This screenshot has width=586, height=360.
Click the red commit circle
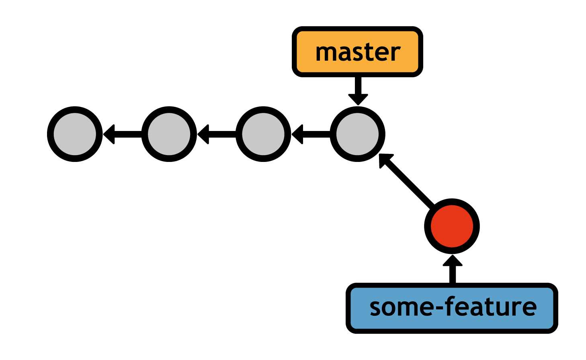tap(452, 226)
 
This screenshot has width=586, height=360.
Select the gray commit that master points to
tap(357, 134)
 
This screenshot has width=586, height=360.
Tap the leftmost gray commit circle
tap(75, 134)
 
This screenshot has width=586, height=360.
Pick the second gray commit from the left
tap(169, 134)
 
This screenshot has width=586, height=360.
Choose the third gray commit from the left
tap(263, 134)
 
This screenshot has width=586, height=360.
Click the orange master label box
tap(357, 52)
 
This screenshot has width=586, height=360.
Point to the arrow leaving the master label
tap(358, 90)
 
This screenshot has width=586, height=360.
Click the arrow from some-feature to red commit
tap(453, 269)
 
